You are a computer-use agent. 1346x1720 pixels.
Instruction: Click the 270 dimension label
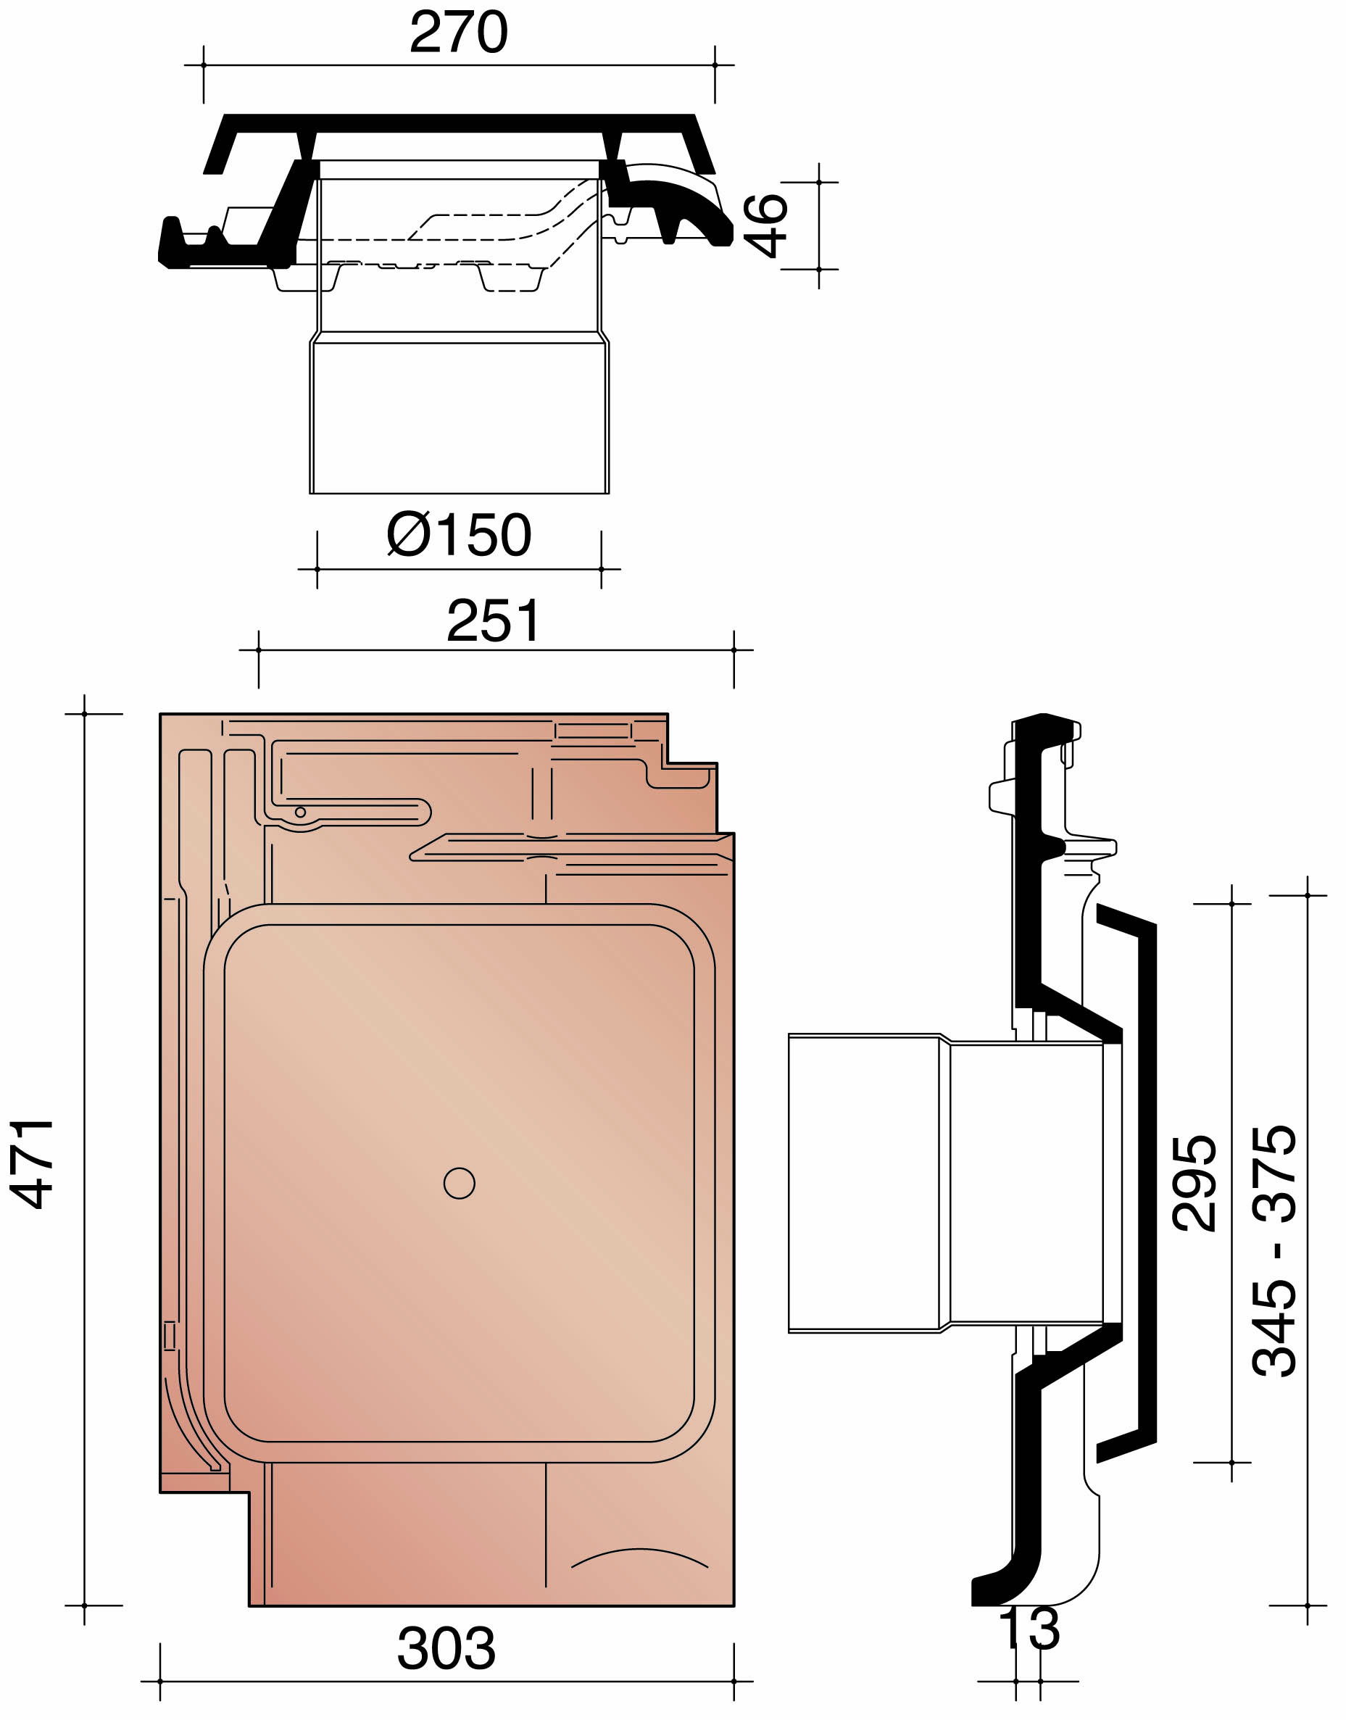[x=458, y=33]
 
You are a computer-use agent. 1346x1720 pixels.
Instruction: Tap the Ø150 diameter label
[x=460, y=535]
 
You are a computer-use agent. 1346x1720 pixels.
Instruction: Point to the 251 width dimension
[x=494, y=621]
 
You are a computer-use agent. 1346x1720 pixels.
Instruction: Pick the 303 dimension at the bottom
[x=446, y=1648]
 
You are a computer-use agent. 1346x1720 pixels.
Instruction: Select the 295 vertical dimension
[x=1195, y=1184]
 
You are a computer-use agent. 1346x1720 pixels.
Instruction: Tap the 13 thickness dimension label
[x=1029, y=1629]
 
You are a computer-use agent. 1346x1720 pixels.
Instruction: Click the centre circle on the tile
[x=460, y=1184]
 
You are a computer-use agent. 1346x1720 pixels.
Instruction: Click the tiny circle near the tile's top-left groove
[x=300, y=813]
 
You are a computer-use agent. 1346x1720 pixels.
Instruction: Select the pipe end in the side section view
[x=865, y=1184]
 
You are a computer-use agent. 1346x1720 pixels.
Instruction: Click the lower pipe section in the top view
[x=460, y=417]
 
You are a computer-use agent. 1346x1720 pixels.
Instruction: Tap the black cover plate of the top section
[x=460, y=123]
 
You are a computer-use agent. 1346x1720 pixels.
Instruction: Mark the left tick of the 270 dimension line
[x=204, y=65]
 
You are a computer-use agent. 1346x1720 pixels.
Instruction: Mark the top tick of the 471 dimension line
[x=84, y=714]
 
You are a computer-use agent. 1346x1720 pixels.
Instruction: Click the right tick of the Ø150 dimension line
[x=602, y=568]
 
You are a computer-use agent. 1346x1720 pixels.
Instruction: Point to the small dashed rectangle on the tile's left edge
[x=170, y=1336]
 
